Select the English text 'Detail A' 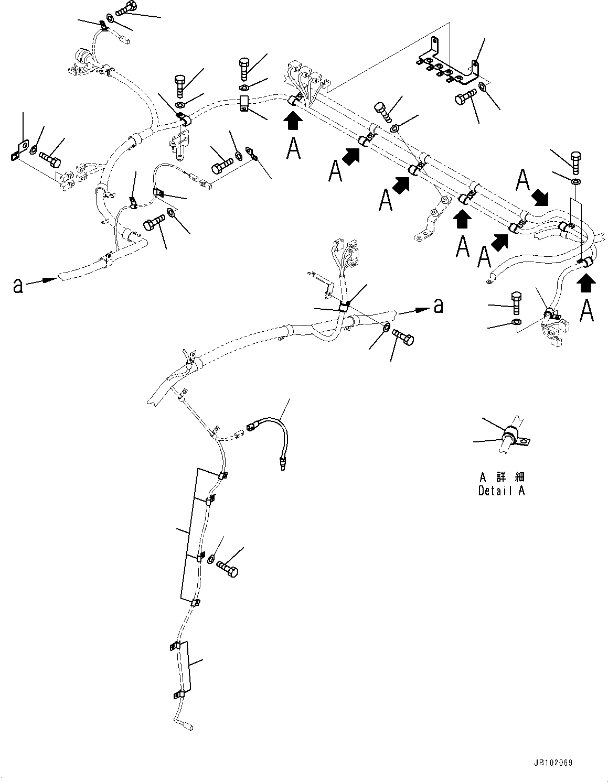point(501,491)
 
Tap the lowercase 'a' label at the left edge point(18,286)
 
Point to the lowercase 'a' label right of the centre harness point(439,305)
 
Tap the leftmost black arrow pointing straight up point(293,121)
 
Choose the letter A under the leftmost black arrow point(294,148)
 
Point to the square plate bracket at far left point(18,150)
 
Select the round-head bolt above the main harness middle point(382,111)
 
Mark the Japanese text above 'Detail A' point(502,477)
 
